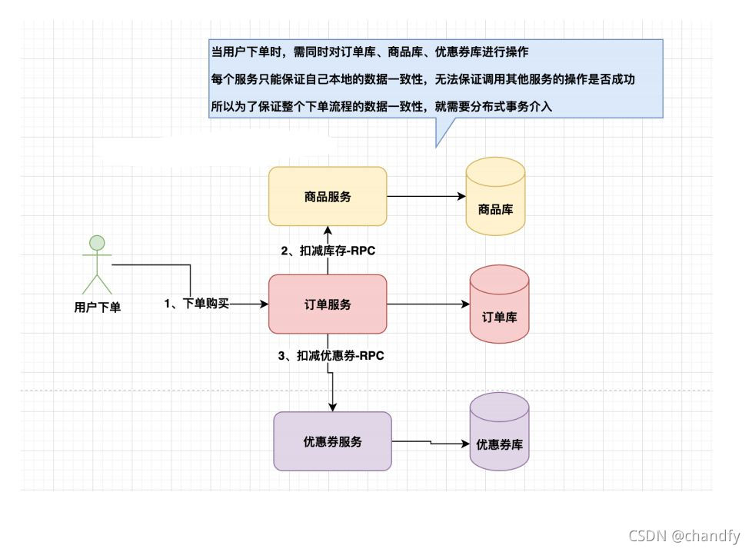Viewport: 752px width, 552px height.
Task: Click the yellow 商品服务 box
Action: pos(328,196)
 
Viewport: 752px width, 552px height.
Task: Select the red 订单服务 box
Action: pos(328,304)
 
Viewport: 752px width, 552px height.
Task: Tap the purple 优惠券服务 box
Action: pos(332,441)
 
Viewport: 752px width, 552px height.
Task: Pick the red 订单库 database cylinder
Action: pos(500,304)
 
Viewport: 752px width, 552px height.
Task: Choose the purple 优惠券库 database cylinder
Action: pos(500,432)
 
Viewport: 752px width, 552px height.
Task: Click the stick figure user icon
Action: pos(97,266)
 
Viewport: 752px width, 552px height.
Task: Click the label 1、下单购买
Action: pos(197,304)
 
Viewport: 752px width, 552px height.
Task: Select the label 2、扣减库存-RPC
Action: pos(328,251)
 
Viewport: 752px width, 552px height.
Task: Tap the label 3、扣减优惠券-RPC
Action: pos(331,356)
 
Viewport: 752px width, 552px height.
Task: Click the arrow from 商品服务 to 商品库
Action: pos(426,196)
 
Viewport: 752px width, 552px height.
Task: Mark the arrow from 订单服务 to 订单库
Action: pos(428,304)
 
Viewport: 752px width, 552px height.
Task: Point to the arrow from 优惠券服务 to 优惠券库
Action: pos(431,443)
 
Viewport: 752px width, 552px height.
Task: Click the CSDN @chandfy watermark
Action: pos(684,536)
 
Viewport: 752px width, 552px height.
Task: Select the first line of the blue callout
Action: pos(369,52)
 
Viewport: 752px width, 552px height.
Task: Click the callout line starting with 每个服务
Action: pos(423,78)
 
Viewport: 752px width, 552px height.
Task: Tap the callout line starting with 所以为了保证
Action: pos(381,107)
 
